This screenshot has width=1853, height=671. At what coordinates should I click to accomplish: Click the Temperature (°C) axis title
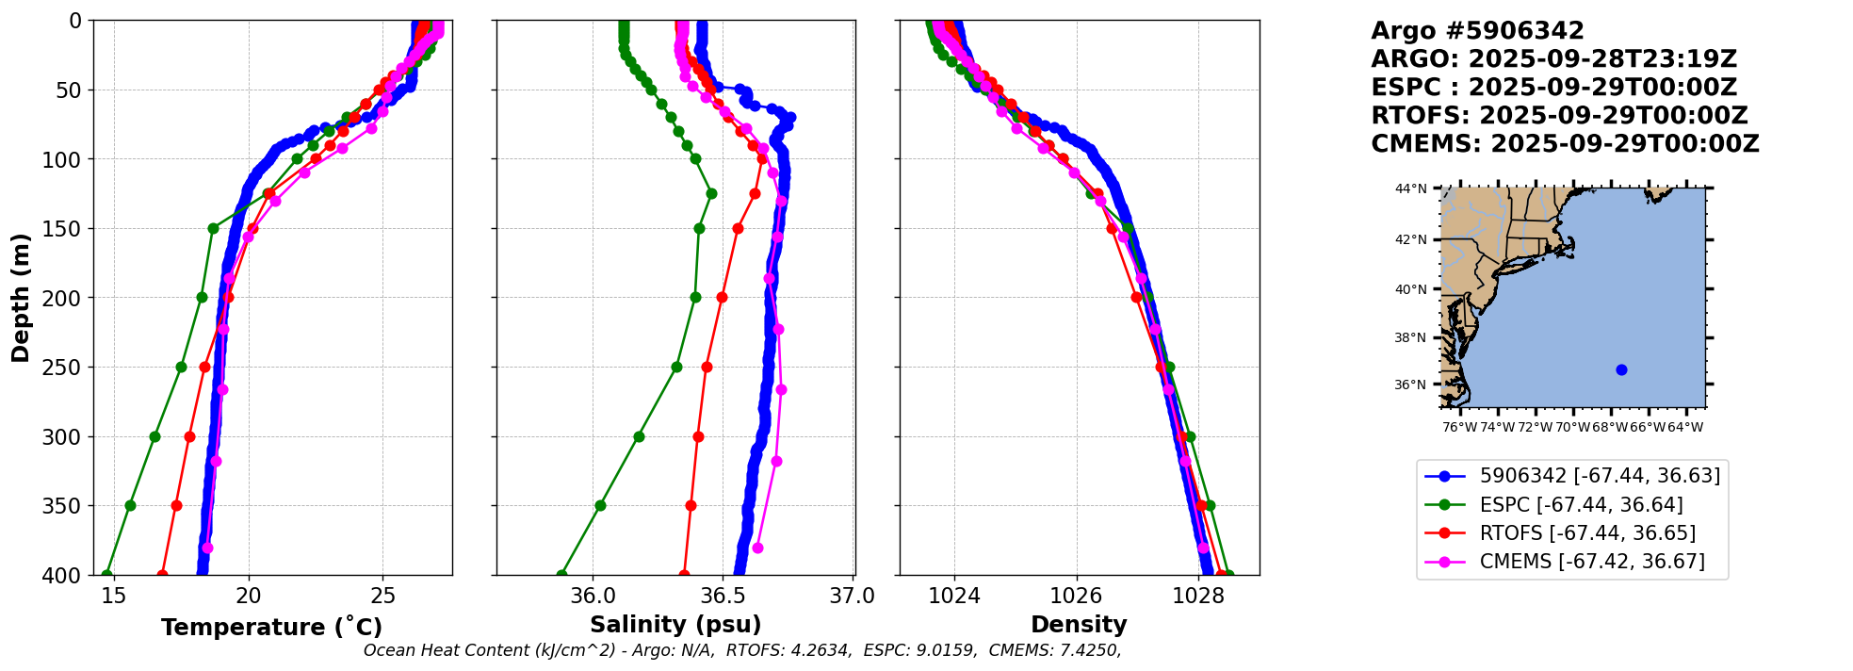tap(271, 628)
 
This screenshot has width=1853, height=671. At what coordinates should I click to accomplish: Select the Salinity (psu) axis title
tap(675, 625)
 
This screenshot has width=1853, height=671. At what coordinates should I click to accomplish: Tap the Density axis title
tap(1079, 625)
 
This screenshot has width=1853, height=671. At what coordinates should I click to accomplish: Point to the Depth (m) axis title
tap(21, 298)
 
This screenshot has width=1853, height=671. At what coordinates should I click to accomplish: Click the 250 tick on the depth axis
tap(68, 368)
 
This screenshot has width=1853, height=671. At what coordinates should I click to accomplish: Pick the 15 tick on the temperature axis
tap(114, 596)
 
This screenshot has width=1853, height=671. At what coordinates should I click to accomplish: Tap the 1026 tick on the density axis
tap(1076, 596)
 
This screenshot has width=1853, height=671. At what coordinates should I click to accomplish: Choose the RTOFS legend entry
tap(1587, 533)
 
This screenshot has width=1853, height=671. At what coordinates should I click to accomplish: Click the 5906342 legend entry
tap(1600, 476)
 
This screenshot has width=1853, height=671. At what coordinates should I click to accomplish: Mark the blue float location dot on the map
tap(1621, 369)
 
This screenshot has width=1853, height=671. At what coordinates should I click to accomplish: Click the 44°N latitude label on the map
tap(1410, 188)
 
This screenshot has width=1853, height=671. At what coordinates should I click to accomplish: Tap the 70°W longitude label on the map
tap(1572, 428)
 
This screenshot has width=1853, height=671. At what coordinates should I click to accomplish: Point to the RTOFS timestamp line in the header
tap(1559, 116)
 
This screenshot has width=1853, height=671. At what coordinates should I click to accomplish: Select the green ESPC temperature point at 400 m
tap(106, 574)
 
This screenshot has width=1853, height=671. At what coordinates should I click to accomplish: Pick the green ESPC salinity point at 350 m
tap(600, 505)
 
